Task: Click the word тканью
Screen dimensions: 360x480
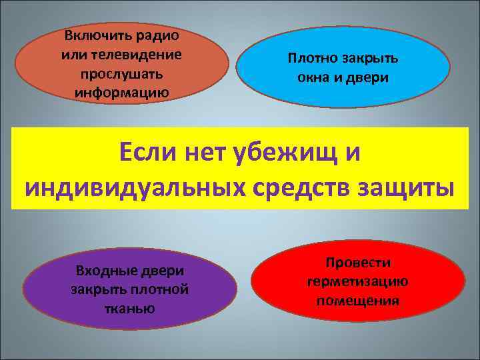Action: [129, 308]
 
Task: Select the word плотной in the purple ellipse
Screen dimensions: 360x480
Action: [163, 289]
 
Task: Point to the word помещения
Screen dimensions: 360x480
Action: [358, 300]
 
